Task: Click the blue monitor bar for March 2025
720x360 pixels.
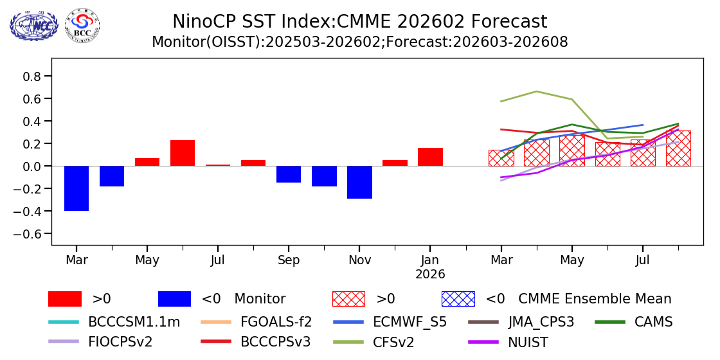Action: [x=76, y=188]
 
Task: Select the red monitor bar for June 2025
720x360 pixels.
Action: [x=183, y=153]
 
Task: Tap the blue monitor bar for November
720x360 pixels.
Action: [x=359, y=182]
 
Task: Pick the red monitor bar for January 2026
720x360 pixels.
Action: [x=430, y=157]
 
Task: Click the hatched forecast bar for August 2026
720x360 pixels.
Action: [x=678, y=148]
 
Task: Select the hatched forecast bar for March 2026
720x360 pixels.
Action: [x=501, y=158]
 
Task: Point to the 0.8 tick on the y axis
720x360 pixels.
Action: [x=32, y=76]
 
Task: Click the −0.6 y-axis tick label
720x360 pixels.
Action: [x=29, y=234]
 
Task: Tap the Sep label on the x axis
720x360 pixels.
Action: [x=289, y=260]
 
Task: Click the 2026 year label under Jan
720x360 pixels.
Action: [x=430, y=274]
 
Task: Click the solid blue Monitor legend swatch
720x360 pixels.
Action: [x=174, y=299]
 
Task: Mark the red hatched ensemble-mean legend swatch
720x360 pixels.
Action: [x=348, y=299]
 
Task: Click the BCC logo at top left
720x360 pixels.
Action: [x=82, y=26]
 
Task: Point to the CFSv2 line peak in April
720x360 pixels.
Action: [x=537, y=91]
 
